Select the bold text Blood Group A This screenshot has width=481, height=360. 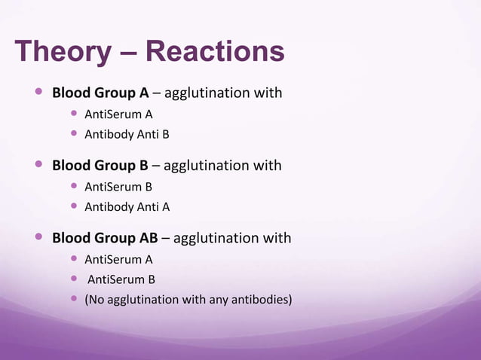(100, 93)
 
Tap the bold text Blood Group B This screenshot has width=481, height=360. (100, 165)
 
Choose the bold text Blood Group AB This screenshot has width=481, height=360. (105, 238)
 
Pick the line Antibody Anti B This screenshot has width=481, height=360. (126, 135)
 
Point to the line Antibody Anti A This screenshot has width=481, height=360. (126, 206)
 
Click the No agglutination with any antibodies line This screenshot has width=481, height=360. (188, 300)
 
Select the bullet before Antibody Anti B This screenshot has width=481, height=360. (74, 135)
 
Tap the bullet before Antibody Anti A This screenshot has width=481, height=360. (74, 206)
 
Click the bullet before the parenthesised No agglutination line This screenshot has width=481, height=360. (74, 300)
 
